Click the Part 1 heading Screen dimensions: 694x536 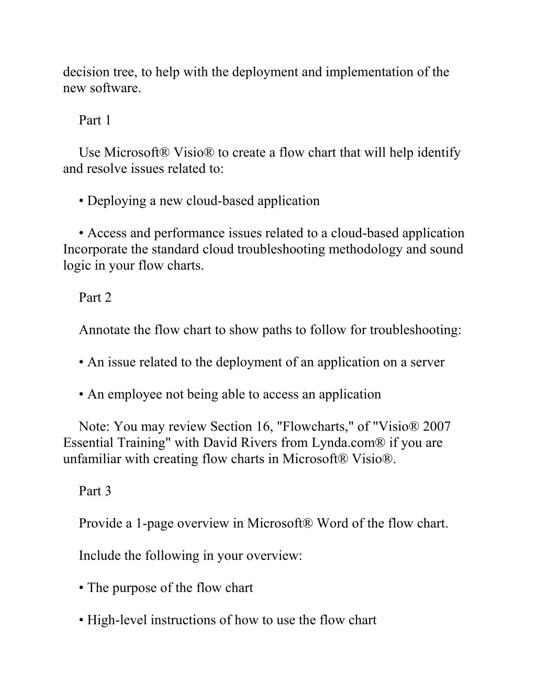click(x=95, y=120)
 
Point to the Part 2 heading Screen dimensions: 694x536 click(x=95, y=298)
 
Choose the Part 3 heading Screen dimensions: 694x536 click(x=95, y=491)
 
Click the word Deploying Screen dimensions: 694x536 click(x=117, y=201)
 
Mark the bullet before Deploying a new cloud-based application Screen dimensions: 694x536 click(x=82, y=201)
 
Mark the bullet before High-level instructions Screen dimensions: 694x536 click(x=82, y=620)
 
